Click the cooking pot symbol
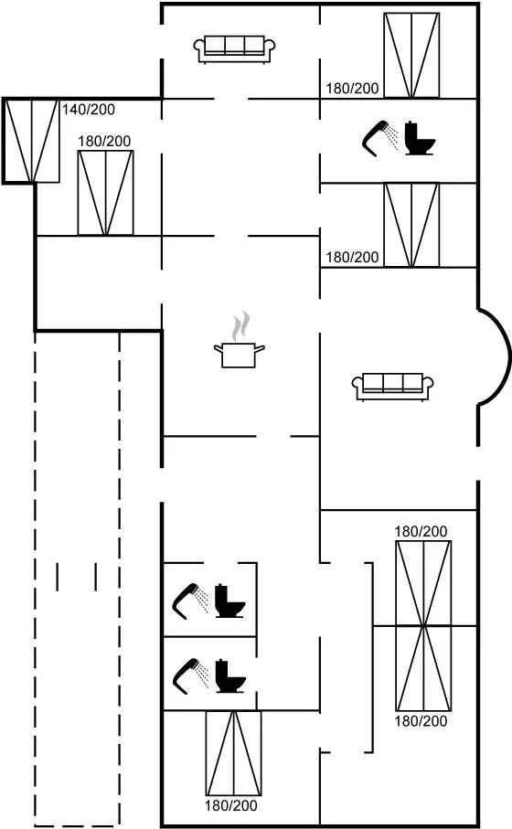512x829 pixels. tap(239, 355)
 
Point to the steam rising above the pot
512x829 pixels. tap(240, 325)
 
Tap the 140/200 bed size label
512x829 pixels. tap(89, 110)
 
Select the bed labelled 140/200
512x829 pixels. tap(32, 141)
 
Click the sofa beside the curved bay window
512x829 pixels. tap(392, 387)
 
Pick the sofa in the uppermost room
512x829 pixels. tap(235, 49)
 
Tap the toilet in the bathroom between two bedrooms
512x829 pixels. tap(420, 139)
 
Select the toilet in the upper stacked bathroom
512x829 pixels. tap(230, 601)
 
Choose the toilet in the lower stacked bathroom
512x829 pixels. tap(230, 675)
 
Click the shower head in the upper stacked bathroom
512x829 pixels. tap(190, 601)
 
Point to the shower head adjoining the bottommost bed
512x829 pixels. tap(190, 675)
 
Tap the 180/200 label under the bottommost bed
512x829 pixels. tap(231, 806)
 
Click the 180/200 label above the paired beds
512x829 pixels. tap(421, 531)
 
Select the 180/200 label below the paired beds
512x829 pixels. tap(421, 720)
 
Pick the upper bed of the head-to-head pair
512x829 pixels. tap(423, 583)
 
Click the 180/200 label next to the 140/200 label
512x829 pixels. tap(104, 141)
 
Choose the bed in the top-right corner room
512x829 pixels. tap(411, 56)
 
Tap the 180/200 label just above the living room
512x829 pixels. tap(352, 258)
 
